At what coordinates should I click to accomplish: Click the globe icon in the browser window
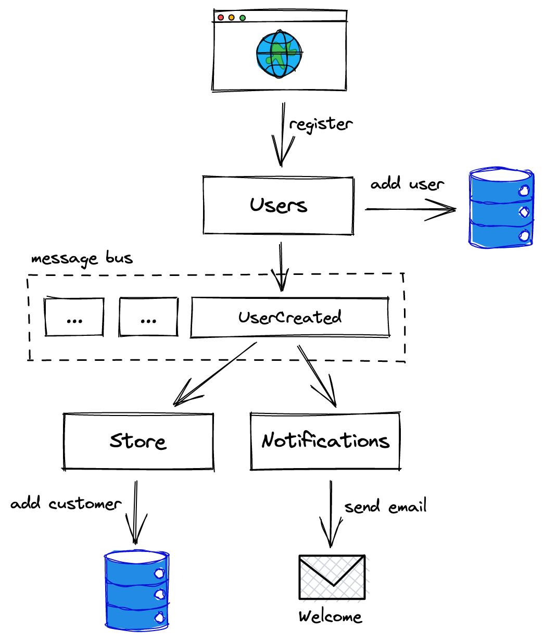279,55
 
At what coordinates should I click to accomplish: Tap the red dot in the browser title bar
221,18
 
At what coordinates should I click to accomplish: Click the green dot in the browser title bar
243,18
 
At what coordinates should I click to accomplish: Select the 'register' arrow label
321,124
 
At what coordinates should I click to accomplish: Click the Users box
279,205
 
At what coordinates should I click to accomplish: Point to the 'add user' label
407,184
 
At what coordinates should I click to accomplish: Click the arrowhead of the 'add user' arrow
448,210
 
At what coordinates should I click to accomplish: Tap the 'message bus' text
82,258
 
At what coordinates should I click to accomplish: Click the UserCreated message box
290,318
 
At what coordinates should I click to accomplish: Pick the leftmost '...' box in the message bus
74,318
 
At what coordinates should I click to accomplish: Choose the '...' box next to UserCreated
148,318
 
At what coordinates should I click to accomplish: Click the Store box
138,442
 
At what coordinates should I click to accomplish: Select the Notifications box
325,441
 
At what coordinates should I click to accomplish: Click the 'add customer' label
66,504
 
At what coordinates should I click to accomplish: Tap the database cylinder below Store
137,590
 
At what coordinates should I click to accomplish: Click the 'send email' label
385,507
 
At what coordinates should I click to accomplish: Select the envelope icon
332,577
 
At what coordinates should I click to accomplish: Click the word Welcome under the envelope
330,617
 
